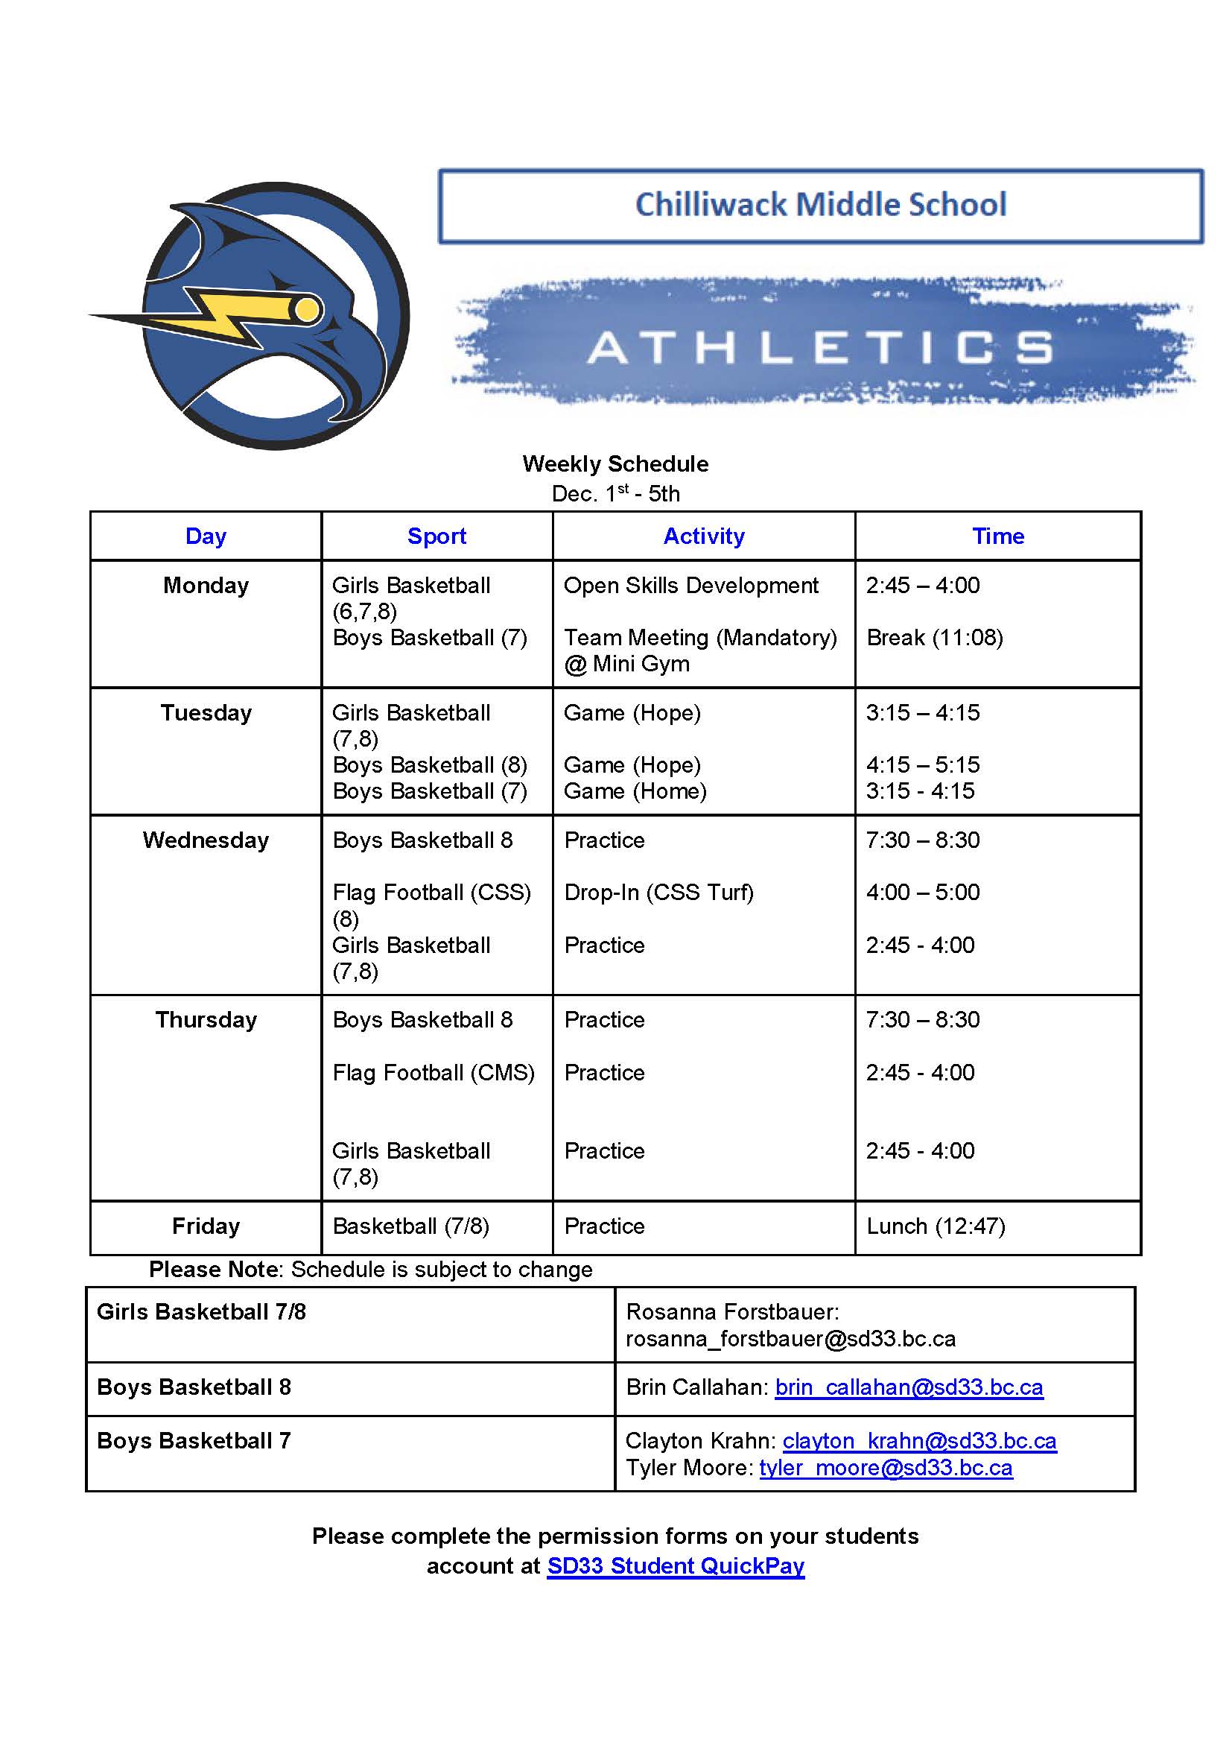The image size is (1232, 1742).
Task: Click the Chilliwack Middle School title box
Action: point(820,206)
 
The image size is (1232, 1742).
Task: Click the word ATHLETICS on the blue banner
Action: point(820,347)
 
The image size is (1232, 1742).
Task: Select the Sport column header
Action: point(436,536)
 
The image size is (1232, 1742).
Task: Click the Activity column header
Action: point(703,536)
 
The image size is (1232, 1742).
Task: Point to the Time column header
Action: point(997,536)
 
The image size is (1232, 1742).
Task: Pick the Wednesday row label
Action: point(206,840)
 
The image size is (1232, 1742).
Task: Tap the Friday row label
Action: point(206,1226)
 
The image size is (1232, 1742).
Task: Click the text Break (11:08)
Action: point(935,637)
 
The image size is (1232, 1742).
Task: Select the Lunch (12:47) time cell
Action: point(936,1226)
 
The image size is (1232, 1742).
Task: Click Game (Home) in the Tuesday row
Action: point(635,791)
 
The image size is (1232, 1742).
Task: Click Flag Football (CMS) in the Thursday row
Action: point(434,1072)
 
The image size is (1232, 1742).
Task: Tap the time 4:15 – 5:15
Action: point(922,764)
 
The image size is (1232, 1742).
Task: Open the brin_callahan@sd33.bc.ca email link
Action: point(909,1387)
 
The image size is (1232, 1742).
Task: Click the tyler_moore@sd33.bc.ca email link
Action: point(886,1467)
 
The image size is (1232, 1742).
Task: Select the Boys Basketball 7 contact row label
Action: point(194,1441)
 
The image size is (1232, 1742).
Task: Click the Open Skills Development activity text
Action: point(690,585)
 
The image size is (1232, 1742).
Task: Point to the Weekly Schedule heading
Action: point(615,463)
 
